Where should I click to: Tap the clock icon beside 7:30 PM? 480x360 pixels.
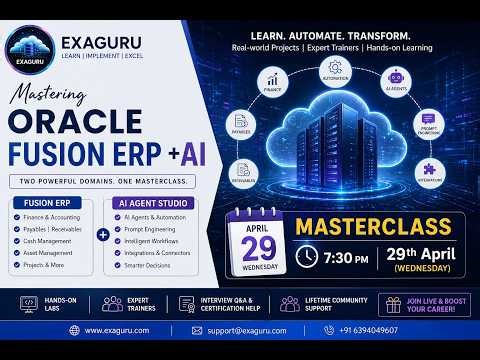[307, 255]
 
